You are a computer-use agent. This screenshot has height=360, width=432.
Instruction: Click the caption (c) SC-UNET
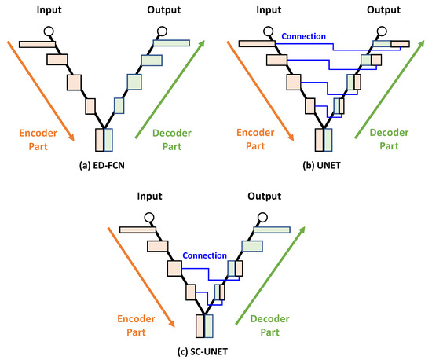click(x=211, y=351)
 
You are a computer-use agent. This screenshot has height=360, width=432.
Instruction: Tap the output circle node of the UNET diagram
click(x=379, y=31)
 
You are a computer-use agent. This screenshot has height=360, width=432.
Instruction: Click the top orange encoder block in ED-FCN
click(x=35, y=42)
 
